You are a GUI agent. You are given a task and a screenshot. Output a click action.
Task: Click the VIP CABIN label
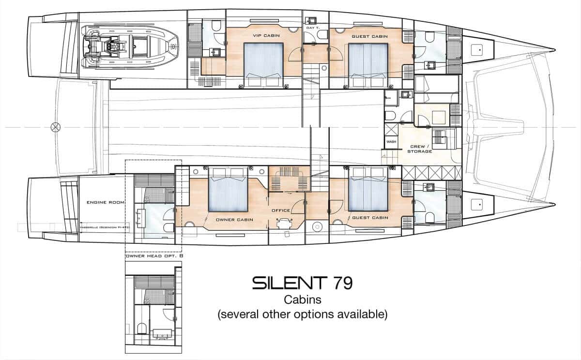(x=263, y=35)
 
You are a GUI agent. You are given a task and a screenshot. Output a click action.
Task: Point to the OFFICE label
(x=281, y=210)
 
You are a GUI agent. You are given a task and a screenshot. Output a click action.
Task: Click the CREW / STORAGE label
(x=421, y=149)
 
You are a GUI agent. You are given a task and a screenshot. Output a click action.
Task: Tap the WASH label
(x=390, y=142)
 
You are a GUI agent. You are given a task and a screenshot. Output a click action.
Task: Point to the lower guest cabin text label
(x=370, y=218)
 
